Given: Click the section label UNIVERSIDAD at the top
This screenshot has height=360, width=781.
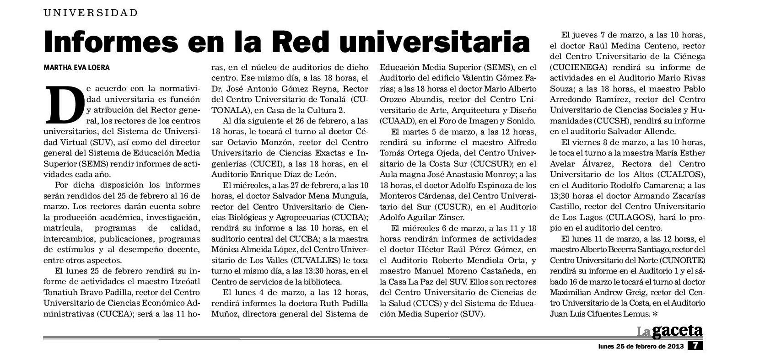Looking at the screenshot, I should [91, 13].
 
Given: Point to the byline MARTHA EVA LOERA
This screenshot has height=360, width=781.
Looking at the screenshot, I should [77, 68].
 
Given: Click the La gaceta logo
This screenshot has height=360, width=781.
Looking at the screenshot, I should [670, 331].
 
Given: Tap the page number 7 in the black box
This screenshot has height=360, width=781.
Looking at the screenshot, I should [695, 346].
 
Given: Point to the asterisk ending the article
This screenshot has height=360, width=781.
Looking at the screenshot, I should [656, 314].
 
